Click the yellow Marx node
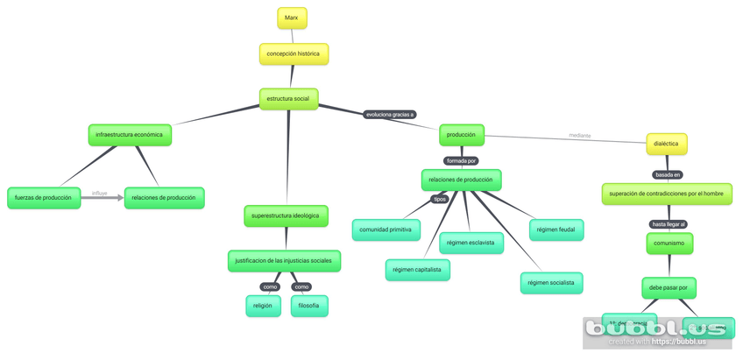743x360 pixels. (x=292, y=18)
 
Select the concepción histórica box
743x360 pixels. (x=294, y=54)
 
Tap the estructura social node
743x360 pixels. (x=288, y=99)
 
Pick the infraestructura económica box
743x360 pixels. (x=130, y=135)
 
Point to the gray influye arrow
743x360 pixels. (x=101, y=198)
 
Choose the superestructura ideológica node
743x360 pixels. (x=286, y=215)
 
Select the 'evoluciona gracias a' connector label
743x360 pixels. (x=390, y=114)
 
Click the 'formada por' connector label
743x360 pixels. (x=461, y=160)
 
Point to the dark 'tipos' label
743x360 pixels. (x=440, y=199)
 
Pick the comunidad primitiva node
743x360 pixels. (x=386, y=230)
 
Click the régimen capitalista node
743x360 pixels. (x=418, y=270)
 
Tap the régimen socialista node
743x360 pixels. (x=552, y=283)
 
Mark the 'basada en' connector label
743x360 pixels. (x=668, y=173)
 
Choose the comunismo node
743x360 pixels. (x=669, y=243)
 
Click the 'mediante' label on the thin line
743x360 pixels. (x=579, y=136)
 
